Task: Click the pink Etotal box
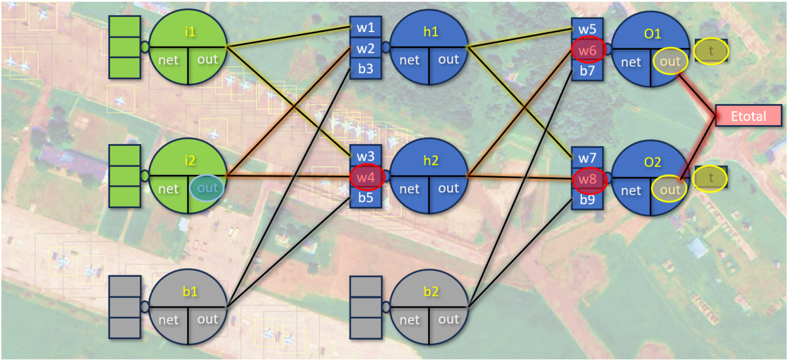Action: click(x=749, y=115)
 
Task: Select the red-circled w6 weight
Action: click(x=587, y=49)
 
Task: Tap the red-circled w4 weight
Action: click(x=366, y=177)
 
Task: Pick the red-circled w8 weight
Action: click(x=587, y=179)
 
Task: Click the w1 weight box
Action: click(x=366, y=27)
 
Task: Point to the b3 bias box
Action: click(x=366, y=69)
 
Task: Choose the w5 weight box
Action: click(x=587, y=29)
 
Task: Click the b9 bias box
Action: click(x=587, y=200)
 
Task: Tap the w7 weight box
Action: click(x=587, y=158)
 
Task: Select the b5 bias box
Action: click(x=366, y=197)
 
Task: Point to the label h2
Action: click(x=431, y=160)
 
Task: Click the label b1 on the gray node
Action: click(x=190, y=292)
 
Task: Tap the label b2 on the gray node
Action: click(x=431, y=292)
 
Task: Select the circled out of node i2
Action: click(x=207, y=188)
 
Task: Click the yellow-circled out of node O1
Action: click(x=670, y=61)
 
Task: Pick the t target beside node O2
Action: click(x=711, y=177)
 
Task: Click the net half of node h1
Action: click(x=409, y=60)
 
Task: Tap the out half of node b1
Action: click(x=207, y=319)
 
